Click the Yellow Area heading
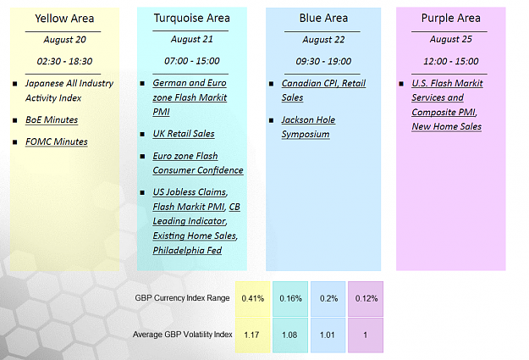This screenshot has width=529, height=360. point(64,19)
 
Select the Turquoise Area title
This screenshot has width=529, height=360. point(191,18)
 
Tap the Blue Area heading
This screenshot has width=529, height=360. point(323,18)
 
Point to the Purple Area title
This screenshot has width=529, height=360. point(451,18)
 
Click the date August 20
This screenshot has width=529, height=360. point(64,40)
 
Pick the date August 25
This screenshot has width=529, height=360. point(451,39)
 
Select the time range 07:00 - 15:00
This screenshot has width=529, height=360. point(191,61)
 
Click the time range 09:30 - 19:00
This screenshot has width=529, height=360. point(323,61)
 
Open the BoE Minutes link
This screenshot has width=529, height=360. point(52,120)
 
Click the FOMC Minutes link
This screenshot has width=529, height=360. point(57,141)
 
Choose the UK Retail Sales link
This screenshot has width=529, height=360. point(184,134)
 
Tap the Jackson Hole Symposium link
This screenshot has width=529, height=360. point(308,127)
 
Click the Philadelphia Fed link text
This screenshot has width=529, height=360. point(187,250)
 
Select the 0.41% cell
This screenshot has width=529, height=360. point(253,298)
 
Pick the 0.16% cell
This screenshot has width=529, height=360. point(290,298)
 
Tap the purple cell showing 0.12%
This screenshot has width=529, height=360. point(366,298)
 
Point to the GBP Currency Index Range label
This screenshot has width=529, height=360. point(182,298)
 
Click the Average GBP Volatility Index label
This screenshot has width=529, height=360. point(183,335)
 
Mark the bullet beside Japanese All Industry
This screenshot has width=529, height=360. point(15,83)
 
